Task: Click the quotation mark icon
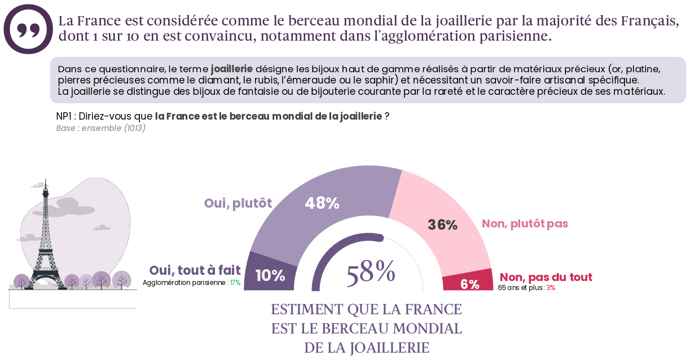point(28,29)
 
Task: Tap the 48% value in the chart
point(322,204)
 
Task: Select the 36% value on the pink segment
point(442,225)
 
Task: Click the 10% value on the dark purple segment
point(270,275)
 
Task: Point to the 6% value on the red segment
point(469,284)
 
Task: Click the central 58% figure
point(371,272)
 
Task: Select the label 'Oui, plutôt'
point(238,203)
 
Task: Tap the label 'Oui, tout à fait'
point(195,270)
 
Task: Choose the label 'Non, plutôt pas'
point(525,223)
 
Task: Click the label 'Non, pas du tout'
point(546,277)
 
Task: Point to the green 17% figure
point(235,283)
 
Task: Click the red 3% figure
point(550,288)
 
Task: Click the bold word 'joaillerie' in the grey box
point(231,69)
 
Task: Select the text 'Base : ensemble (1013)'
point(101,128)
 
